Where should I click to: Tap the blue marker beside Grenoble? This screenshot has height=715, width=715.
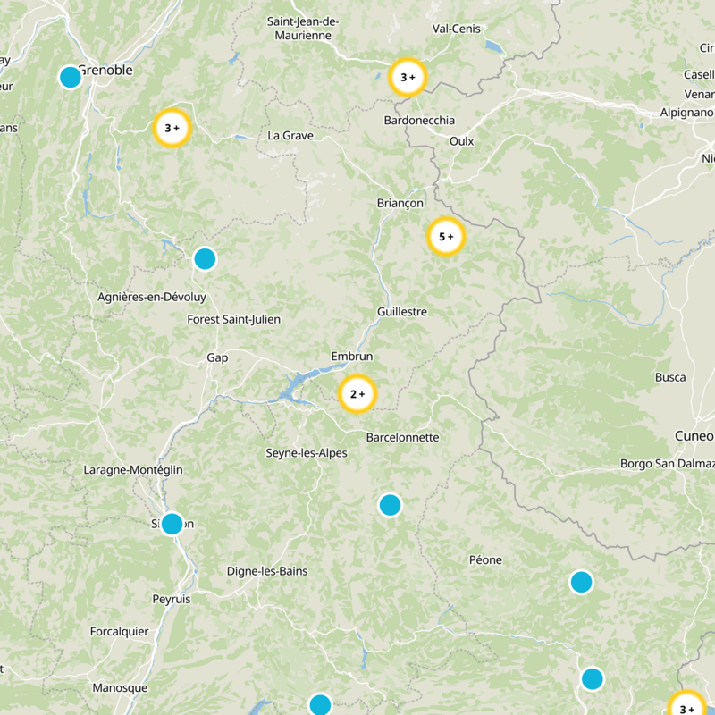(70, 77)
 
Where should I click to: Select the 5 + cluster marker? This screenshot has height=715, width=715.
(446, 237)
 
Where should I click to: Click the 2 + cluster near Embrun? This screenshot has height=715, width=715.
(357, 394)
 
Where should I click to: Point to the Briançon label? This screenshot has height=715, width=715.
(400, 204)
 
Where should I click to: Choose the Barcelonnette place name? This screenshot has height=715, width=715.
(402, 437)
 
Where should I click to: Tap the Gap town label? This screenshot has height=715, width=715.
(217, 357)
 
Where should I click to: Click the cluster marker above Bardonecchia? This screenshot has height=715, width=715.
(408, 78)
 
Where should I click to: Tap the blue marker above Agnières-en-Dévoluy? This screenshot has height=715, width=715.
(205, 259)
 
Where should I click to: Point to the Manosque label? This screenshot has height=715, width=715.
(120, 688)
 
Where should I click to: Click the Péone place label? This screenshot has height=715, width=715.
(485, 560)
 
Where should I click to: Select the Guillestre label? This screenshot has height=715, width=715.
(402, 312)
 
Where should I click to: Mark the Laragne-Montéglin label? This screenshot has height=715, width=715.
(133, 469)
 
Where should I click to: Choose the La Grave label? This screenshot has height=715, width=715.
(290, 136)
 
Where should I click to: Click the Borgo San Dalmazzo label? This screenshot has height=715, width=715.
(668, 464)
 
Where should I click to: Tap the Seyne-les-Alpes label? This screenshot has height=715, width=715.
(307, 453)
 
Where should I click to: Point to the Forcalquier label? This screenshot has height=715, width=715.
(119, 631)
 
